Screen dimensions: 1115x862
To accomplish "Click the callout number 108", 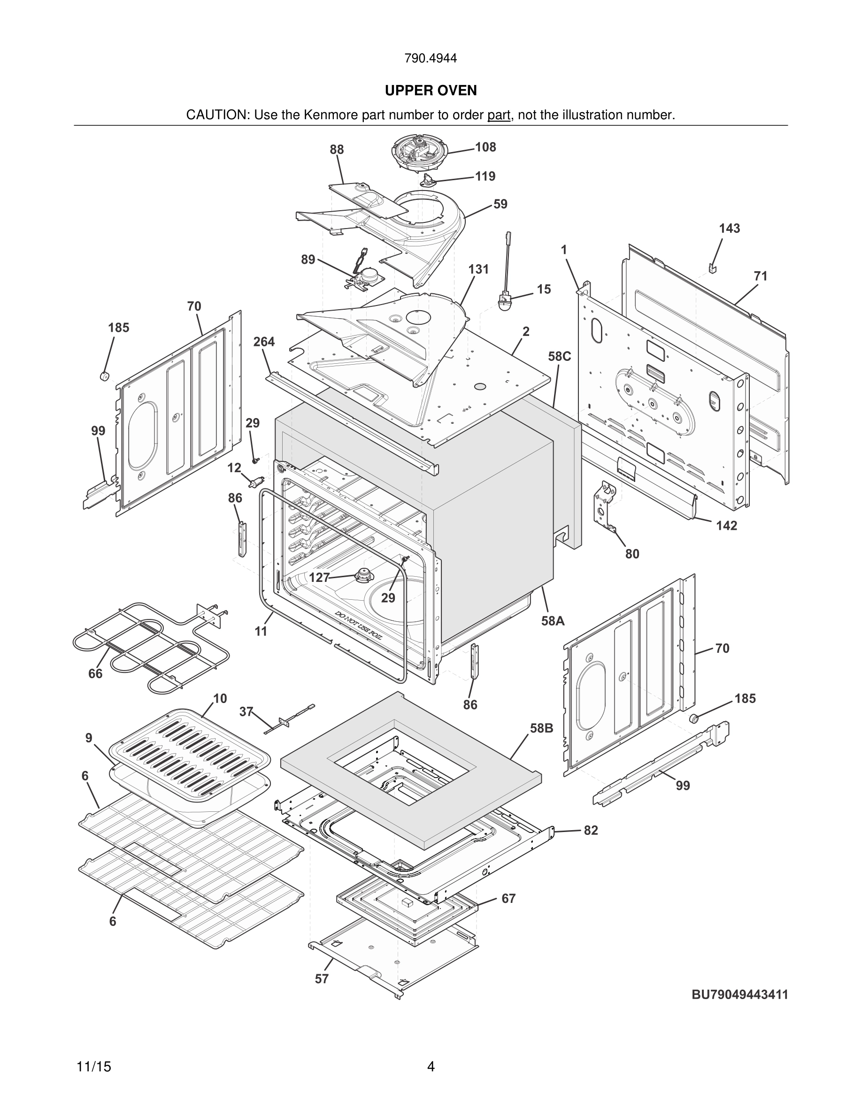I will tap(485, 147).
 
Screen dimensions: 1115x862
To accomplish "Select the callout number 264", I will tap(263, 342).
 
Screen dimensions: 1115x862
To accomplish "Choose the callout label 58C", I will tap(559, 356).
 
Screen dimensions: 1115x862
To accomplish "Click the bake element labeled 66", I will tap(148, 643).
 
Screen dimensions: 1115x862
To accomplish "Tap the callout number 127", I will tap(319, 577).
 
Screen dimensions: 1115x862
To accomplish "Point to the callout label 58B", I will tap(541, 728).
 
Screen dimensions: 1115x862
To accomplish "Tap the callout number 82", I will tap(590, 830).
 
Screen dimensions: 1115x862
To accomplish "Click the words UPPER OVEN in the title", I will tap(431, 91).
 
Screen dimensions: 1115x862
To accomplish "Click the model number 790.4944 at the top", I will tap(431, 59).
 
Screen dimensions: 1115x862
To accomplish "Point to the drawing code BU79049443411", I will tap(739, 994).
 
